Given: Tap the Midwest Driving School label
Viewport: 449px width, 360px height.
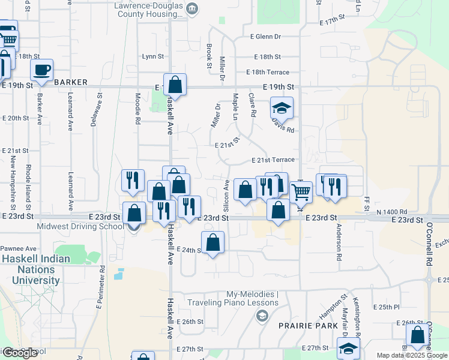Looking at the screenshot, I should (80, 226).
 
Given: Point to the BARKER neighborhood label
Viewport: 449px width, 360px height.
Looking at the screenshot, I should (71, 82).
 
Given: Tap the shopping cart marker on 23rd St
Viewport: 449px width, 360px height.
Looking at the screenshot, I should (301, 193).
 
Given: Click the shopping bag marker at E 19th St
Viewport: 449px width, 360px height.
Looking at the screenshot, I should (175, 85).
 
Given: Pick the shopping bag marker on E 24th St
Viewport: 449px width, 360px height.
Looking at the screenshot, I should (212, 243).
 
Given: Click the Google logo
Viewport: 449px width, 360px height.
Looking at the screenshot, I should (20, 353).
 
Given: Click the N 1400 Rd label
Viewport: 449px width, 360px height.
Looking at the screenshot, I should (392, 212).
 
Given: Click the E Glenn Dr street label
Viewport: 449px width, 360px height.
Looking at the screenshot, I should (266, 37).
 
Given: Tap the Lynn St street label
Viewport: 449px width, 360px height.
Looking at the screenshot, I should (153, 56).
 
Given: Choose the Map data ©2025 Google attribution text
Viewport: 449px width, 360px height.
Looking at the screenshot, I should (412, 355).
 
